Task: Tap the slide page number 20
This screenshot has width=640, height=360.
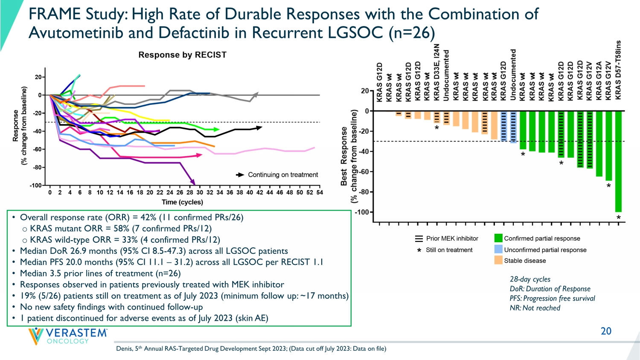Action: (606, 331)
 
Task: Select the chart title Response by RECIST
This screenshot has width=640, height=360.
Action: (182, 55)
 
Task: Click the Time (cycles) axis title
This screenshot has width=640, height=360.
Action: (182, 202)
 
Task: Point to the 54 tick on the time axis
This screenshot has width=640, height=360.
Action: (320, 192)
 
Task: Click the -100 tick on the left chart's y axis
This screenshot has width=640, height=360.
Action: (35, 186)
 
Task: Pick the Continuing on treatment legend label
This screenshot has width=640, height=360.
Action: (283, 175)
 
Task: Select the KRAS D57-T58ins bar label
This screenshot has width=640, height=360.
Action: (618, 70)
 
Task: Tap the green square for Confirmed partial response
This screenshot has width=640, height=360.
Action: (498, 238)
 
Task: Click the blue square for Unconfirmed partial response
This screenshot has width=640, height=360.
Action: (498, 250)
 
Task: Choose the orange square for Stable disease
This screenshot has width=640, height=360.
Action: (498, 260)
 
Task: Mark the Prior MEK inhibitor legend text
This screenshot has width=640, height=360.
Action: (452, 238)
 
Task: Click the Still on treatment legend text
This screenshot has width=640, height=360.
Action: (449, 250)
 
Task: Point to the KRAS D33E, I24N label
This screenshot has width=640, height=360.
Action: (436, 72)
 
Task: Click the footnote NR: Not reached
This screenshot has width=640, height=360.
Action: (535, 308)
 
